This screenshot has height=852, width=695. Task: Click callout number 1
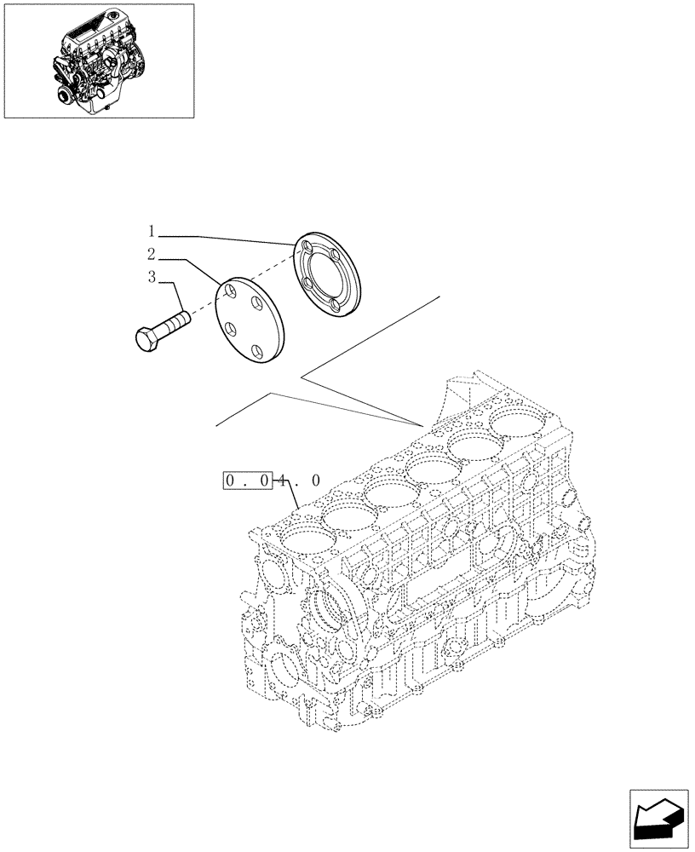(151, 231)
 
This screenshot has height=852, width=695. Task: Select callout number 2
(151, 254)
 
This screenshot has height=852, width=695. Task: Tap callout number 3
(151, 277)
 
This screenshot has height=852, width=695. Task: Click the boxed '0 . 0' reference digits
(248, 481)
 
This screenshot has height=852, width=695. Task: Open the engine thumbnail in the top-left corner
(98, 60)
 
